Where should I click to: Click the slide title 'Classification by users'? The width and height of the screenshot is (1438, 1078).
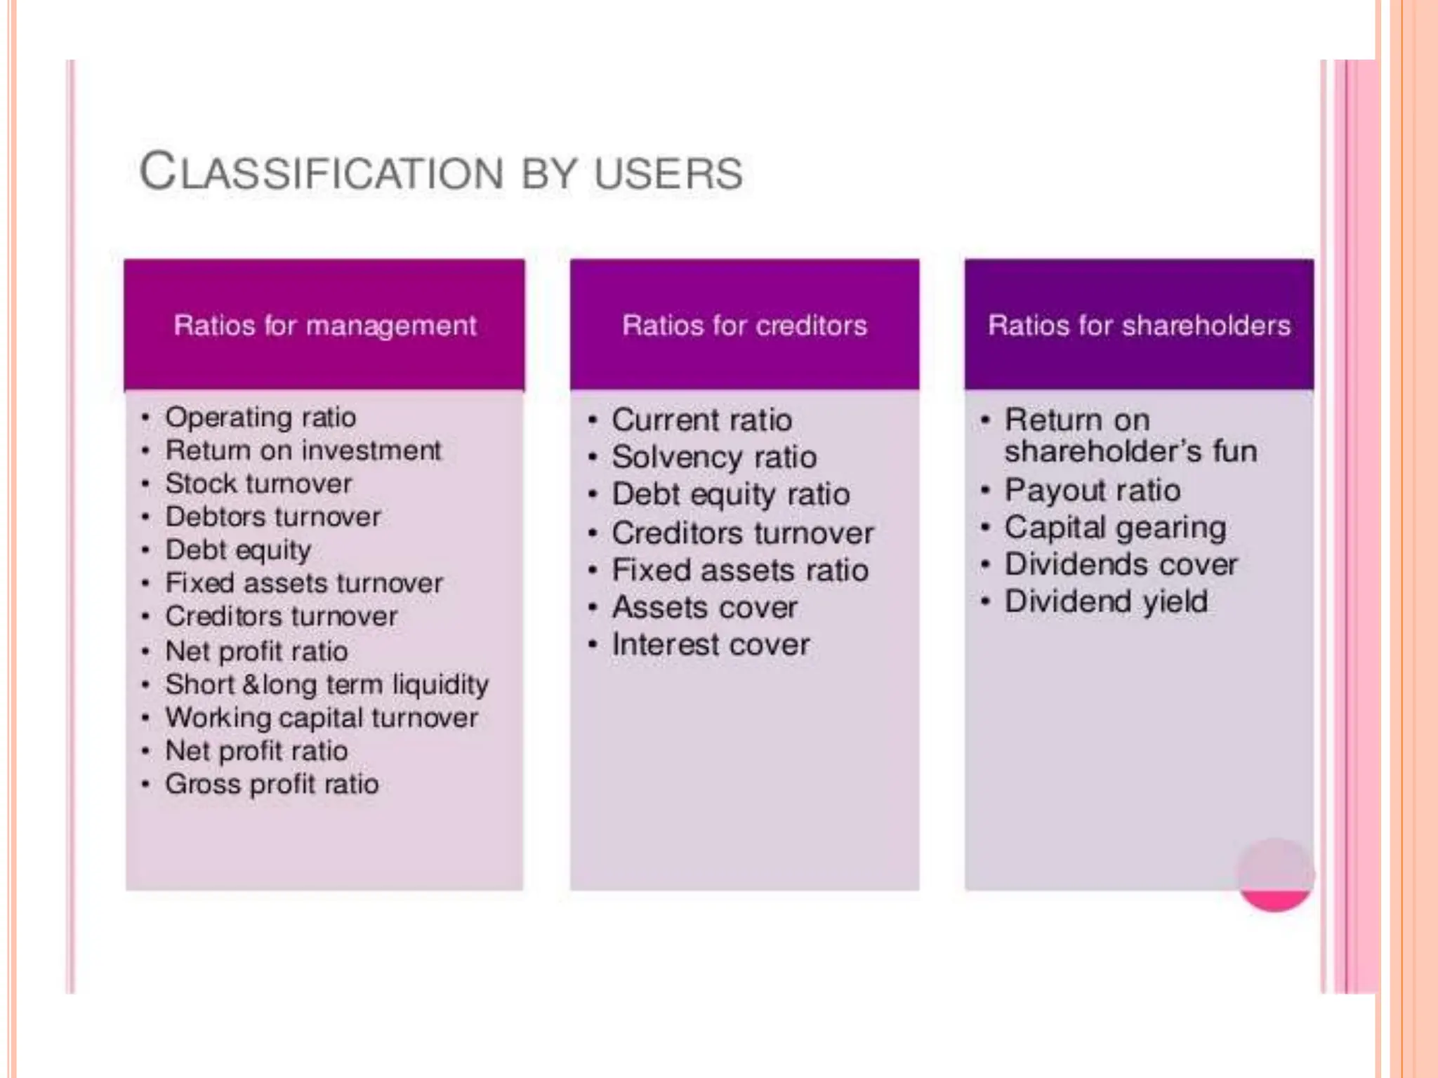441,172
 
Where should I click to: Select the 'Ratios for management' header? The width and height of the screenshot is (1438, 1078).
324,326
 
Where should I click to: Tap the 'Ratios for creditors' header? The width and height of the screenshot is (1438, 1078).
744,326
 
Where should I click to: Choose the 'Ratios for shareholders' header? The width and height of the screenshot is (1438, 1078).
1139,326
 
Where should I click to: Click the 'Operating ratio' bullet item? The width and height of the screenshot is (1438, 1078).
260,418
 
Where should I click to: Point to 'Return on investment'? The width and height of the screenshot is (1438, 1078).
303,451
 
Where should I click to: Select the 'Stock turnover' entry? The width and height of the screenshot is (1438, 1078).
258,484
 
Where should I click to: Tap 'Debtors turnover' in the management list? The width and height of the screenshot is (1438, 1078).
273,517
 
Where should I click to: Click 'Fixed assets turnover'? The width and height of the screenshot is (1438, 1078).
303,583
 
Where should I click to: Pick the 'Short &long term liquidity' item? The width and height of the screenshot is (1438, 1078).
326,684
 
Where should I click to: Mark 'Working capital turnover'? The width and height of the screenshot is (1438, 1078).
322,718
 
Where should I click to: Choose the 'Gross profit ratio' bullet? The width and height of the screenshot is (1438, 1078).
272,784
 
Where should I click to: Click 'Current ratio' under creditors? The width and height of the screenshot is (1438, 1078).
701,420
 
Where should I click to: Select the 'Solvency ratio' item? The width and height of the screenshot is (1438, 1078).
714,458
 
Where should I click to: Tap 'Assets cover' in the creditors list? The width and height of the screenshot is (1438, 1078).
704,607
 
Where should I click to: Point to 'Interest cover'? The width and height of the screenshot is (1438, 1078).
711,644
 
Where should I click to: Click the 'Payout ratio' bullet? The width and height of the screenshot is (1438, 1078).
1092,490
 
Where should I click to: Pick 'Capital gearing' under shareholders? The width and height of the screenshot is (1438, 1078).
1115,528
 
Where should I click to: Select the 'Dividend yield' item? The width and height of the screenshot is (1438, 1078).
1106,601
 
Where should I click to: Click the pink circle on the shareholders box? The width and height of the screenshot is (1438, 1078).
1274,874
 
